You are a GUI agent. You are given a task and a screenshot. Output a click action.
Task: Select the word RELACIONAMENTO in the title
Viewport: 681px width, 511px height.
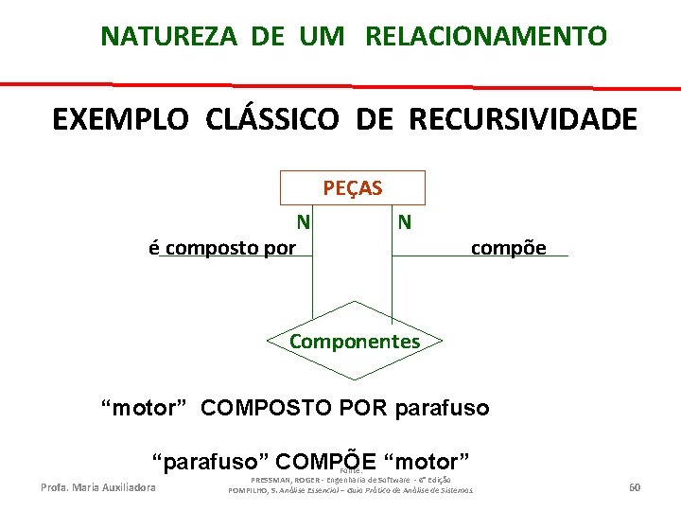coord(485,37)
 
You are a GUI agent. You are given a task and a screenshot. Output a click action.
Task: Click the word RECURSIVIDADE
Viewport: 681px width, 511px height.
coord(523,120)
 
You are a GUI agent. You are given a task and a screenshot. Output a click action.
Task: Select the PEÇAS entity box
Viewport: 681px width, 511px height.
coord(352,187)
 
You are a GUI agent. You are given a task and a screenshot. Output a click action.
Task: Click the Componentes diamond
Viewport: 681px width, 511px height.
coord(354,341)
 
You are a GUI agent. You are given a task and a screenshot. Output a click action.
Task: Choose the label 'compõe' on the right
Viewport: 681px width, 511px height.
coord(508,248)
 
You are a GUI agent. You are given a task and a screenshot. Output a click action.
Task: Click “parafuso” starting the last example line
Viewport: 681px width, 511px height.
coord(214,462)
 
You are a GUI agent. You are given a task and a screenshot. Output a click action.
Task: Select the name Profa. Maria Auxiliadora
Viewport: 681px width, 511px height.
coord(98,487)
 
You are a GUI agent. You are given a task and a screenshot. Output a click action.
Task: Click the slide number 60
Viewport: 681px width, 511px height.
coord(635,487)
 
